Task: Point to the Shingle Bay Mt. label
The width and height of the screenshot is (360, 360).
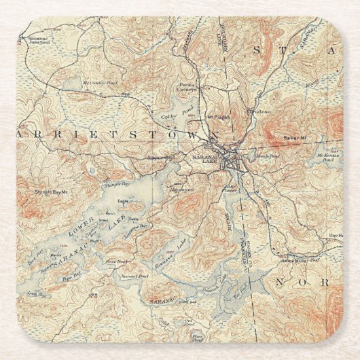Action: coord(52,192)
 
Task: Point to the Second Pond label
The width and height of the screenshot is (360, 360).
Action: coord(134,276)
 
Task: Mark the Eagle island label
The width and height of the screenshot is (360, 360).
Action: coord(123,202)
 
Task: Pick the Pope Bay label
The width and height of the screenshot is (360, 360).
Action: coord(67,278)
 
